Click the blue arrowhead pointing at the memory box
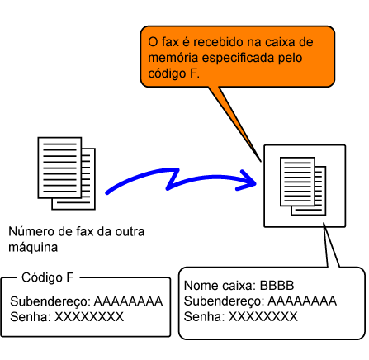click(247, 181)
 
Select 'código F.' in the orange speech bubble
click(173, 73)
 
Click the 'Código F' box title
click(48, 277)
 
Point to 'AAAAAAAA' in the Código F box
click(128, 301)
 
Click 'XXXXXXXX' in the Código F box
click(89, 317)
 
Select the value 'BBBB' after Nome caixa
click(277, 286)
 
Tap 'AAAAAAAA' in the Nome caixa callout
click(302, 301)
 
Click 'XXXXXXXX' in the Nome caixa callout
click(263, 316)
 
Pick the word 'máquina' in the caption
click(33, 248)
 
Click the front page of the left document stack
click(59, 168)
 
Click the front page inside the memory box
click(297, 182)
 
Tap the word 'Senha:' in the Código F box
click(31, 317)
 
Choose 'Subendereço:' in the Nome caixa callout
click(225, 301)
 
